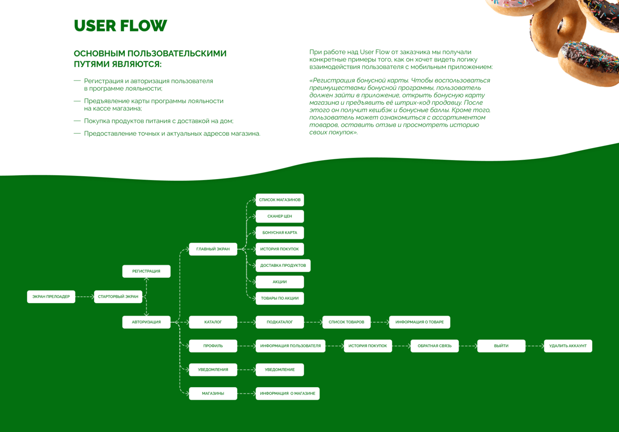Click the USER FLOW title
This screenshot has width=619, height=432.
[120, 26]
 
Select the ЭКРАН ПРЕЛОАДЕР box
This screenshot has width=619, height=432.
[51, 297]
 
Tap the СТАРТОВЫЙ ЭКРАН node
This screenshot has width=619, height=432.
[118, 297]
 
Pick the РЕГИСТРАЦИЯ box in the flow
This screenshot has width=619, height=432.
[146, 271]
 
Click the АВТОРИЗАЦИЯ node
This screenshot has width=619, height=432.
[146, 322]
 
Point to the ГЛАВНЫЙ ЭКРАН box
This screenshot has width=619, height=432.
[213, 249]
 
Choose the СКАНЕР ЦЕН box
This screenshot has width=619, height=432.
[279, 216]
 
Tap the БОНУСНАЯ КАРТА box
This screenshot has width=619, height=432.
[279, 233]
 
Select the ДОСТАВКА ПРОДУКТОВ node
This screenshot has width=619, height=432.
[283, 265]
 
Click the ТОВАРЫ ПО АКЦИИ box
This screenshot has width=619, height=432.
[279, 298]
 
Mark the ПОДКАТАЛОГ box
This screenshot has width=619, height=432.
[279, 322]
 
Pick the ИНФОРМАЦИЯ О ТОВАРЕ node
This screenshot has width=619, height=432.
[419, 322]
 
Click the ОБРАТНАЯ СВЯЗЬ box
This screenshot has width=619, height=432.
[434, 346]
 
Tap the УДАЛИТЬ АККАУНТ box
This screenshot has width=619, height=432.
[568, 346]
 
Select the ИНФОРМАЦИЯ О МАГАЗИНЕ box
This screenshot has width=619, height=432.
[287, 394]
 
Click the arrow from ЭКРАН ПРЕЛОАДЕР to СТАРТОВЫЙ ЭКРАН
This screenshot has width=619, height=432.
[85, 297]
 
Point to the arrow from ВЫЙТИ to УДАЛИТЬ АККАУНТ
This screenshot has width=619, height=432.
[535, 346]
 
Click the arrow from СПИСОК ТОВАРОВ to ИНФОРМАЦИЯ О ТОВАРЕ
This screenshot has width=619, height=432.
[380, 322]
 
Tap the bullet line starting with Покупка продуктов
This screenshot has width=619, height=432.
[158, 121]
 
